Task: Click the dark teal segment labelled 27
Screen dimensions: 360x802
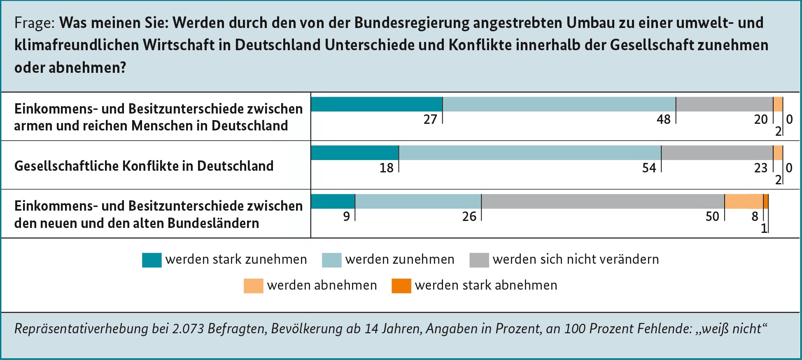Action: (x=376, y=104)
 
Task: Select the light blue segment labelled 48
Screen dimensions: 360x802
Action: (x=559, y=104)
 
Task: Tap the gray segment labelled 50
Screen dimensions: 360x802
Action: (x=603, y=201)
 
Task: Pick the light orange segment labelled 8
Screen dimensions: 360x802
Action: (x=744, y=201)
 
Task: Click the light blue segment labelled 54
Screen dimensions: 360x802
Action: (x=530, y=153)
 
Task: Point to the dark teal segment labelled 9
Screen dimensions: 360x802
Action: (x=333, y=201)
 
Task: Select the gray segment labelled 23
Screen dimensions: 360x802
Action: (x=717, y=153)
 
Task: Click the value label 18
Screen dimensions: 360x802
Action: (x=386, y=168)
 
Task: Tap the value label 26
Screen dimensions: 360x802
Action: (x=469, y=216)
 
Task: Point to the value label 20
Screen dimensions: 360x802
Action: (x=761, y=119)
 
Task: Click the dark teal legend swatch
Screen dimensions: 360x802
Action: (x=152, y=260)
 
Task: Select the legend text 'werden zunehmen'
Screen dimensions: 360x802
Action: (x=400, y=259)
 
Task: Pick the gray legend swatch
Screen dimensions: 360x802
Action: (x=479, y=260)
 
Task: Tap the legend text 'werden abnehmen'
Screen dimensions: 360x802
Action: (x=322, y=285)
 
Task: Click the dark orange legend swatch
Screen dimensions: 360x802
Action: (x=401, y=286)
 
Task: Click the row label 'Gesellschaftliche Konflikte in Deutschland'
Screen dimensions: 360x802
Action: (x=144, y=166)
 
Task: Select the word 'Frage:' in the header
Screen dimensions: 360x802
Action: (x=35, y=23)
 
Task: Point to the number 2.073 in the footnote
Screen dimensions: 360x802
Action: (x=188, y=329)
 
